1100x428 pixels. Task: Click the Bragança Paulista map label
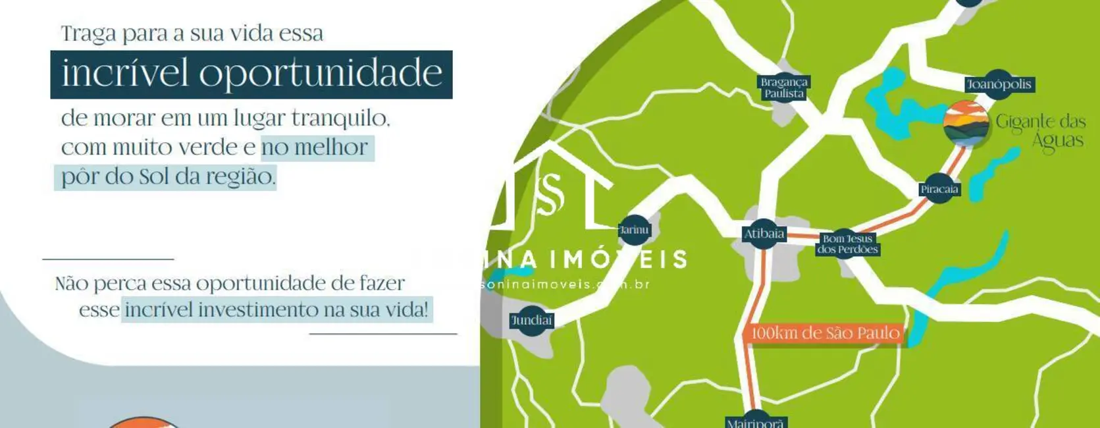783,88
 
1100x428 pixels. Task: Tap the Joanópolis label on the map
999,84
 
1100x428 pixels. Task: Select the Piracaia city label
939,190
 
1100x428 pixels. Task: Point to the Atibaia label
764,234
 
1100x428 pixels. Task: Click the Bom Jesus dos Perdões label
847,244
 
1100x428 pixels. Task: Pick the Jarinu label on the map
634,230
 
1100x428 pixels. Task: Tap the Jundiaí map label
532,321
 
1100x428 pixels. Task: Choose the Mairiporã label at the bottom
756,422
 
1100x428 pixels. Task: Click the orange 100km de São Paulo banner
825,333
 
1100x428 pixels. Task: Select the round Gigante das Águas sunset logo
966,123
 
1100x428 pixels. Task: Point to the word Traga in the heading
88,34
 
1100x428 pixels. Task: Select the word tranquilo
340,119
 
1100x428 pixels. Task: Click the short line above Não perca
108,259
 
